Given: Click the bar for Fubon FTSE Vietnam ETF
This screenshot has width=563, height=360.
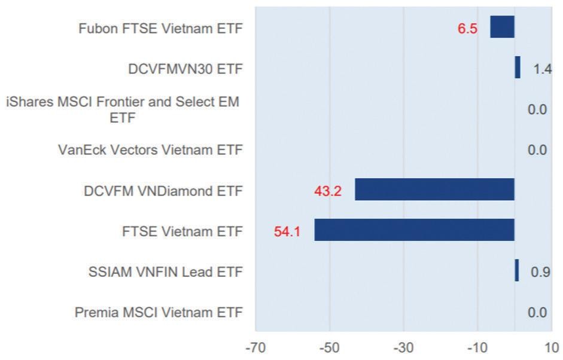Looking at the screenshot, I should [x=502, y=27].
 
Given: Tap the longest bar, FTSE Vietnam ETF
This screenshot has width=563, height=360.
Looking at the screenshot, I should [x=414, y=230].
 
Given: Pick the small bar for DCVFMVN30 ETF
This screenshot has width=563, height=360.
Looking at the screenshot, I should [x=518, y=68].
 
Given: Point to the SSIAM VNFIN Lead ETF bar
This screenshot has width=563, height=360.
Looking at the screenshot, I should [x=517, y=271].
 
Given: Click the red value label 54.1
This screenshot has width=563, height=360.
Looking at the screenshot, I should [x=287, y=231].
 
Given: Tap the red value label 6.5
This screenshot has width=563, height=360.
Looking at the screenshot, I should [x=467, y=29].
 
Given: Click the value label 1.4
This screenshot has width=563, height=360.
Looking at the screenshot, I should [x=542, y=69].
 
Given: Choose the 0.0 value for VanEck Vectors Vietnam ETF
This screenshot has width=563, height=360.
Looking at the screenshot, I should [x=537, y=150].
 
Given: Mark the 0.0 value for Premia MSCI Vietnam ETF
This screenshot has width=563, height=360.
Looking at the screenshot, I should [x=537, y=312].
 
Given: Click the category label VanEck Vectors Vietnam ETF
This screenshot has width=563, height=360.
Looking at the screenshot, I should [x=151, y=150].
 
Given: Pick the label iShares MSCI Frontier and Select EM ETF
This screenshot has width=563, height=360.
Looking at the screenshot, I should [x=123, y=109].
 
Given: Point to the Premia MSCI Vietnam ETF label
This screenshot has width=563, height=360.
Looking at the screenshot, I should [x=159, y=312].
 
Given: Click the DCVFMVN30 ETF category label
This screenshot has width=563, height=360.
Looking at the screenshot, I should [x=185, y=69].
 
